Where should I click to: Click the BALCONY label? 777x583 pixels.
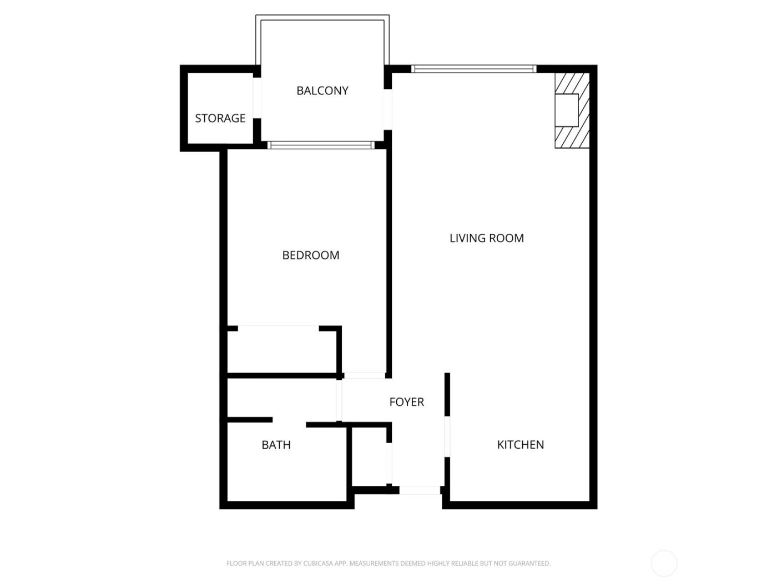(x=322, y=91)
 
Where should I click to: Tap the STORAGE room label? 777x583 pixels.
(x=220, y=118)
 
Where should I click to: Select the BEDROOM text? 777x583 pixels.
(x=310, y=255)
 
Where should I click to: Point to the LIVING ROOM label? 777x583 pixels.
(x=486, y=238)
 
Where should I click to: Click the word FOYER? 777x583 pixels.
(x=406, y=402)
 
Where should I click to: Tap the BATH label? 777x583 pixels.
(x=276, y=445)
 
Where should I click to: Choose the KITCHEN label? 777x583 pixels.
(x=520, y=445)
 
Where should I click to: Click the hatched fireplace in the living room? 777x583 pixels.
(x=571, y=110)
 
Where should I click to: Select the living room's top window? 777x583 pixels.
(x=473, y=69)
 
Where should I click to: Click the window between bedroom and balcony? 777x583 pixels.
(x=321, y=145)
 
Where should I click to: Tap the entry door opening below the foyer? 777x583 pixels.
(x=420, y=490)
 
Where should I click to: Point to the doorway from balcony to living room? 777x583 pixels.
(x=388, y=109)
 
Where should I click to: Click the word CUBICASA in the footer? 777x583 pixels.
(x=318, y=564)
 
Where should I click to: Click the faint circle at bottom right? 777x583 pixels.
(x=664, y=564)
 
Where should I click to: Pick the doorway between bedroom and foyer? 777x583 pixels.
(x=364, y=376)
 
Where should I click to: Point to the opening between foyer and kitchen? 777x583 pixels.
(x=447, y=437)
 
